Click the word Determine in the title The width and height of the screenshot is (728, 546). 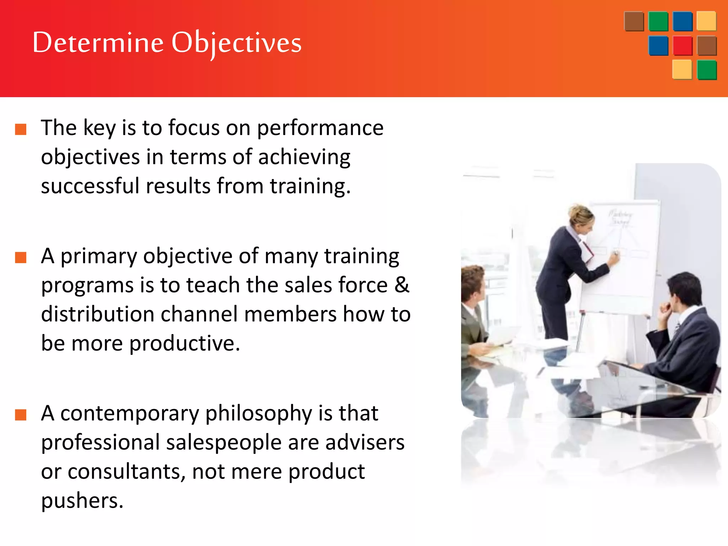click(98, 43)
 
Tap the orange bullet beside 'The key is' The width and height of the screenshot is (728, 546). click(21, 129)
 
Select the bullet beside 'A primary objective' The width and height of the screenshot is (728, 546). click(21, 257)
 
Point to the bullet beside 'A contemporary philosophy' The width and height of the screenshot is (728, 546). click(21, 415)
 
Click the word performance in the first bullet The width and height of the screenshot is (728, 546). click(320, 128)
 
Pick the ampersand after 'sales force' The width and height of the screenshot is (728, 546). click(402, 285)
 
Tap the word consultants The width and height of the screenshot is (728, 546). click(127, 472)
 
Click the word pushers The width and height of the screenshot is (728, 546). click(82, 501)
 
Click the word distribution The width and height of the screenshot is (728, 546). click(97, 314)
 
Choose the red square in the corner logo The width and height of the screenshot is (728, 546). click(682, 45)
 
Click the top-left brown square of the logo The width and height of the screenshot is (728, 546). click(634, 21)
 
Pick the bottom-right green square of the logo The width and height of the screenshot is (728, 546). click(707, 70)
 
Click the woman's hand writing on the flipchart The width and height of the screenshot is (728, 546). click(614, 256)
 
